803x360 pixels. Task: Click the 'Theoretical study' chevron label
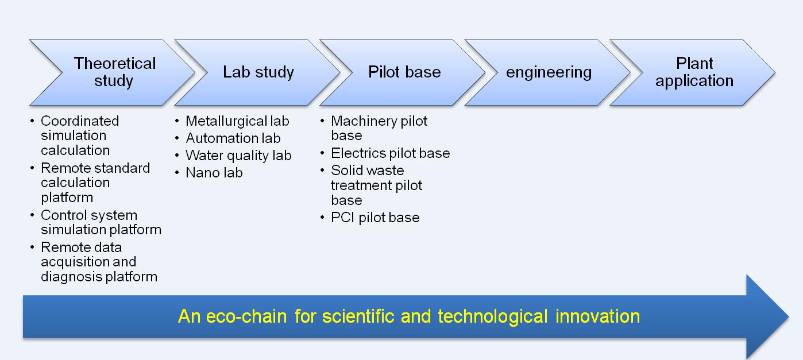115,72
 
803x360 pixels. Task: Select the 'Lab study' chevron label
258,72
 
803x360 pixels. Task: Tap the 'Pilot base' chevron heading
404,72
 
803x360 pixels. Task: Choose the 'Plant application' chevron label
694,72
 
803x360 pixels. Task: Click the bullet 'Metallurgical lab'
237,121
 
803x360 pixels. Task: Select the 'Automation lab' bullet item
233,138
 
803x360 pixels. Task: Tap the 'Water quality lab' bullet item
238,156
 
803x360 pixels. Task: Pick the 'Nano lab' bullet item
214,173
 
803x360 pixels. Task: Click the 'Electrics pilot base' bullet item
391,153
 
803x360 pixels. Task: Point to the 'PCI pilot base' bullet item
375,218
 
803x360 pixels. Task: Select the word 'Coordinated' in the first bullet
80,121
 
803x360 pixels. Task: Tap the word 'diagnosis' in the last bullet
71,277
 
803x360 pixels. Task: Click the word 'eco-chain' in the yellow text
246,316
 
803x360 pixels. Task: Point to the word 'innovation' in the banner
597,316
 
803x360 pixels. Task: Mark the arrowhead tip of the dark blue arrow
789,317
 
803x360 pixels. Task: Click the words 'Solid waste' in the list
368,171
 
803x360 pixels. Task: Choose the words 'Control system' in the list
89,215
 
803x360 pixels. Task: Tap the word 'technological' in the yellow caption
493,317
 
